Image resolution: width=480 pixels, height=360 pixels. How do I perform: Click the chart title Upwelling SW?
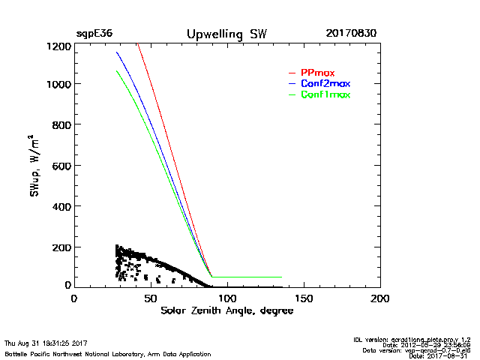pos(226,34)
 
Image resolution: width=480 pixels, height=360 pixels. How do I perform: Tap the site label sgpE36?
pos(94,34)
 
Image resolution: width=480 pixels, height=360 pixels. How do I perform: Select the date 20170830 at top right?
pos(351,34)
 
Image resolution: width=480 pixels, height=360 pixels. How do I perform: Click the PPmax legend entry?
pos(317,73)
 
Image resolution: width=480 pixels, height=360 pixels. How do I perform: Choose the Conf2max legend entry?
pos(325,83)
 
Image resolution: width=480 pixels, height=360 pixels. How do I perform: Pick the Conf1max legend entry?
pos(325,94)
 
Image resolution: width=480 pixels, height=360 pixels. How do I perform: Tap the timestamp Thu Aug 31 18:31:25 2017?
pos(46,343)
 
